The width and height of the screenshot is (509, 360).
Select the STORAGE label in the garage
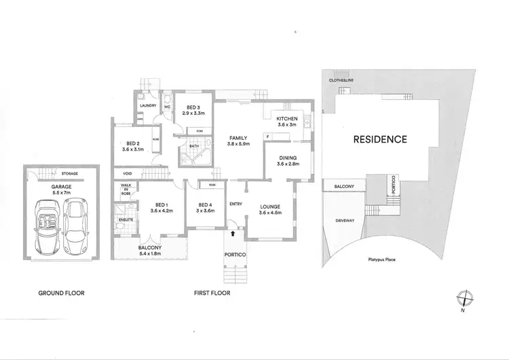point(69,174)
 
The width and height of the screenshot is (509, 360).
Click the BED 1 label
point(161,205)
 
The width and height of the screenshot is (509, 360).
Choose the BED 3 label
point(193,107)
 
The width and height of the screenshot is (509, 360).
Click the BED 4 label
point(206,205)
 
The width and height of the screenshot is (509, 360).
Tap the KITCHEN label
point(286,119)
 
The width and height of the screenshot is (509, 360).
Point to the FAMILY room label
point(238,138)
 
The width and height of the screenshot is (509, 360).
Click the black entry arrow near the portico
point(235,233)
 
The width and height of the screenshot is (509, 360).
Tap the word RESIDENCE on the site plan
point(380,140)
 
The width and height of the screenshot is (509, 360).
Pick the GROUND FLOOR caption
point(62,293)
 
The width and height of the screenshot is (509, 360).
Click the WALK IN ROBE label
point(126,190)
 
